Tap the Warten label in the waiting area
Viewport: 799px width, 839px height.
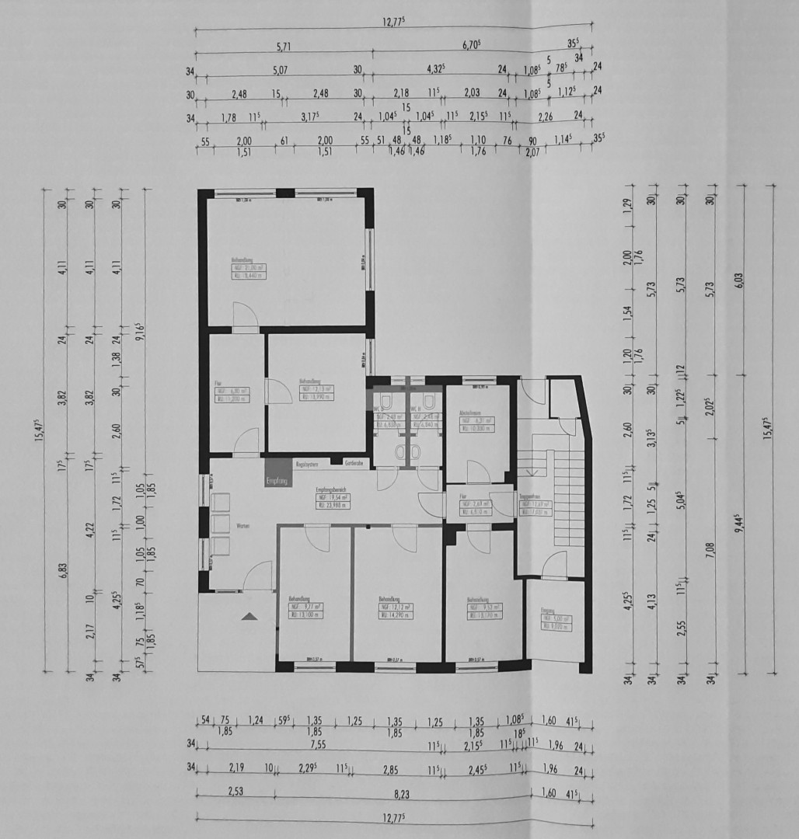point(243,526)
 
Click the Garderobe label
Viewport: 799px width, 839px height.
point(355,464)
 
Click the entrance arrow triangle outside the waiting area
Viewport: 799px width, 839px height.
point(249,616)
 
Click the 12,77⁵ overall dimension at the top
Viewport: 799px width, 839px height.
point(395,23)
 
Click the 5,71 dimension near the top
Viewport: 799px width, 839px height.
point(284,47)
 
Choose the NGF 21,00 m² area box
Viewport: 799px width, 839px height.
point(246,267)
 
